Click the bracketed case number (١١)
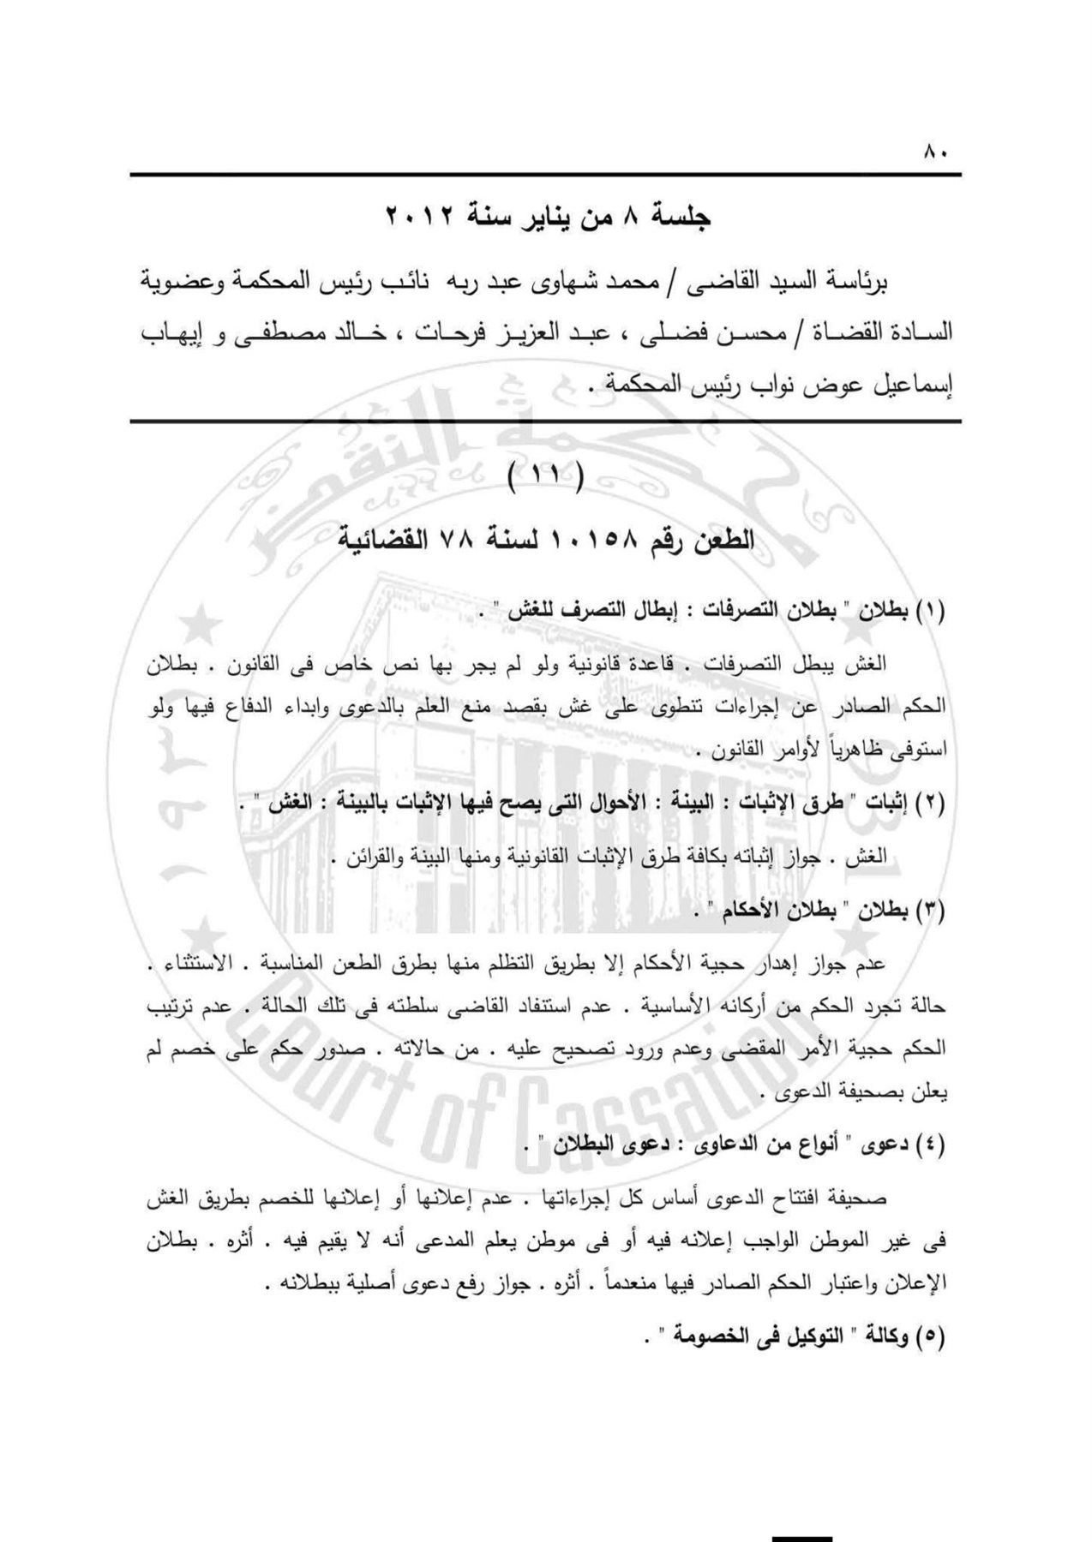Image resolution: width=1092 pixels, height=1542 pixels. [545, 478]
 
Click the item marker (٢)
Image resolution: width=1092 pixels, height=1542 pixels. [930, 805]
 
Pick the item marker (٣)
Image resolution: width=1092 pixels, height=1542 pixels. [930, 912]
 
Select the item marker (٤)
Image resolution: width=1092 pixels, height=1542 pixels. [930, 1146]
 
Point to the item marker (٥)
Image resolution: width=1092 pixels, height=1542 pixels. [930, 1336]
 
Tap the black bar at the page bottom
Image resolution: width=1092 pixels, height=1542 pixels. [801, 1536]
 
